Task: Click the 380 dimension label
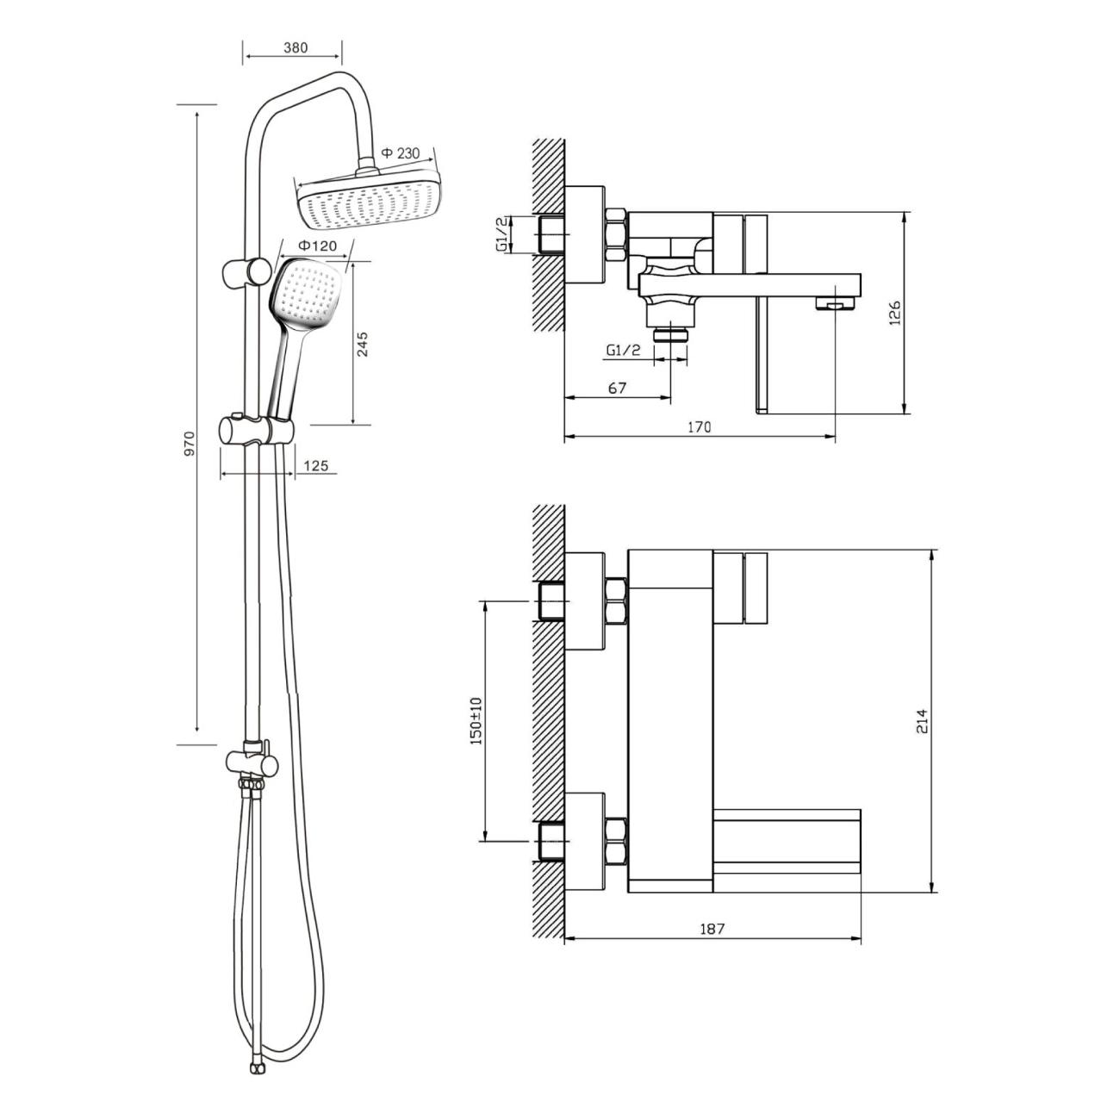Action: coord(296,47)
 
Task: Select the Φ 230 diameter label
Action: coord(401,153)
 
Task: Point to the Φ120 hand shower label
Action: coord(317,246)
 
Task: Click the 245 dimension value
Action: coord(362,344)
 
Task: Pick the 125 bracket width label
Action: coord(316,465)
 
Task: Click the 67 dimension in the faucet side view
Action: coord(617,388)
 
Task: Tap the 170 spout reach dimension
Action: coord(700,427)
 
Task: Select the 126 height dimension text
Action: coord(894,313)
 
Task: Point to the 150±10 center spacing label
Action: coord(476,721)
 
